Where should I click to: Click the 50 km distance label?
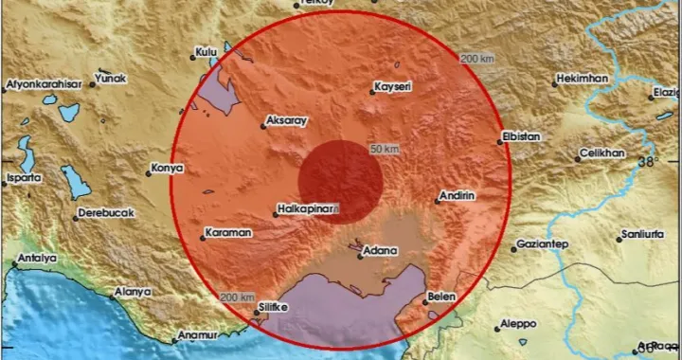point(383,150)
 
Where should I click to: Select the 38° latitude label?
point(646,162)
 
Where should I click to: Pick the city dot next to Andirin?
point(433,200)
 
